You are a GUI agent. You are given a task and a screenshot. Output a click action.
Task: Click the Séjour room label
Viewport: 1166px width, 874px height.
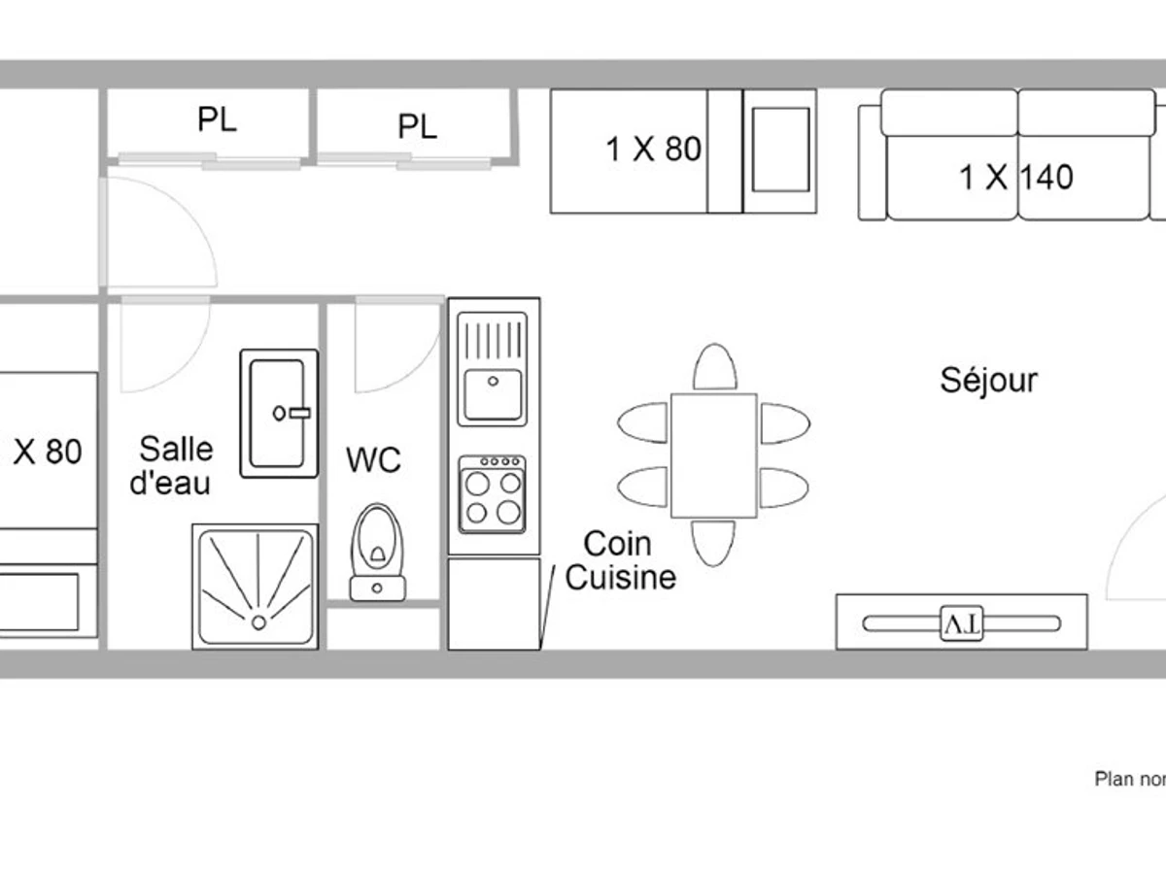[x=988, y=380]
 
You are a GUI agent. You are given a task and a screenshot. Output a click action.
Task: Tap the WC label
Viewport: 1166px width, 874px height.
[x=373, y=459]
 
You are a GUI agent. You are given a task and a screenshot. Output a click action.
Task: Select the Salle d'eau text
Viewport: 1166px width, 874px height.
[x=173, y=465]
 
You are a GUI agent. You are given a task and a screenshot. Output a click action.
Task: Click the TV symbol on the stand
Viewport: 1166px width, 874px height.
[x=962, y=622]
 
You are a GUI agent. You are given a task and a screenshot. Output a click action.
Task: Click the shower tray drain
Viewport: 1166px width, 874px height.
[x=258, y=622]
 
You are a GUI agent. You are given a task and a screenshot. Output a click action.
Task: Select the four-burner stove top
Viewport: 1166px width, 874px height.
[x=493, y=494]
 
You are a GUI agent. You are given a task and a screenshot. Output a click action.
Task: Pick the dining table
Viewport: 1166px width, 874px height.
[x=713, y=454]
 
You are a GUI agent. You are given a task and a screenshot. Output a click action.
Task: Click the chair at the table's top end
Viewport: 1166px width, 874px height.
[x=714, y=367]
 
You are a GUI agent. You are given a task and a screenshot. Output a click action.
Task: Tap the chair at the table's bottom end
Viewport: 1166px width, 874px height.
[x=713, y=543]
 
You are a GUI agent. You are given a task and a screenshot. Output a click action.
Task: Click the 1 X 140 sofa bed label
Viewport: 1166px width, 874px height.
[x=1016, y=178]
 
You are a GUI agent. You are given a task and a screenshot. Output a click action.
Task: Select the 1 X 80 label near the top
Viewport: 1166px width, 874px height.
[x=653, y=149]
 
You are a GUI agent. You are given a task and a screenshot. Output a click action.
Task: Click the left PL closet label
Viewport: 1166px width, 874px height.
[x=216, y=119]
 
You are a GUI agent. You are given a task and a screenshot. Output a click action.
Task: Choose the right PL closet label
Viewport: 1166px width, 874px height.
[x=417, y=126]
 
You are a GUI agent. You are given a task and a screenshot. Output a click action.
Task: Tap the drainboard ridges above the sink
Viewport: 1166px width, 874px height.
[x=494, y=340]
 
